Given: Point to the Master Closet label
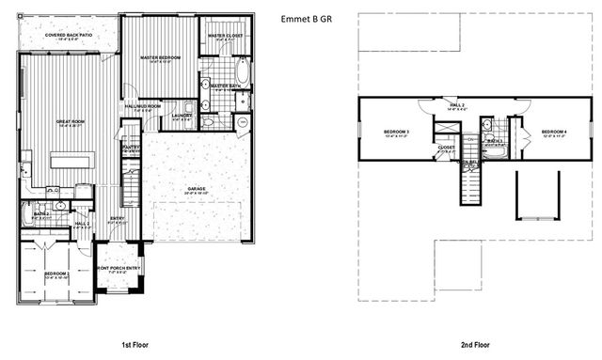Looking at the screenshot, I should click(x=225, y=37).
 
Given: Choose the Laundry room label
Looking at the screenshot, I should click(x=182, y=117).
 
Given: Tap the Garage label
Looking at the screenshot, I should click(x=197, y=190).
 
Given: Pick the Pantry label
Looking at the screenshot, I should click(x=132, y=149).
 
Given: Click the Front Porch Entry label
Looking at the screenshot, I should click(x=119, y=269).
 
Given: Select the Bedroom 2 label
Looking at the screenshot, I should click(x=56, y=274).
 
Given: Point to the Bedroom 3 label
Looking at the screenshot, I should click(x=395, y=132).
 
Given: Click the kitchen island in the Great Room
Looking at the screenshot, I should click(x=73, y=162).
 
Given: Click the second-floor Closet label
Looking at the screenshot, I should click(x=446, y=148).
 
